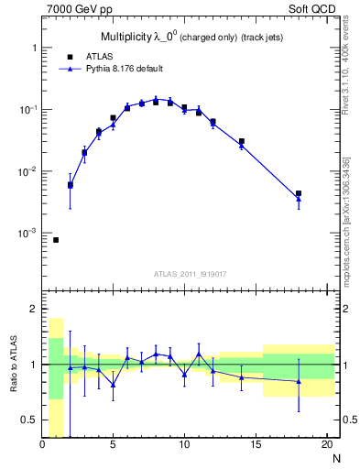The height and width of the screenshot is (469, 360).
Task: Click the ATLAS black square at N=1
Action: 56,240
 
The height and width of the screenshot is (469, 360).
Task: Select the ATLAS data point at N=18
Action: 299,193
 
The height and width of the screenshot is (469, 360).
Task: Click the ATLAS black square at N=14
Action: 242,141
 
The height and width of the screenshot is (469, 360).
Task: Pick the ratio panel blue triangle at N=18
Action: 299,381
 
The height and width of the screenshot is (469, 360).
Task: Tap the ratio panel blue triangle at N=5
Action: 113,385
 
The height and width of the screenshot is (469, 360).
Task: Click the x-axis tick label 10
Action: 184,445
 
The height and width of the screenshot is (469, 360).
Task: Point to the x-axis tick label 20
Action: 325,445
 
